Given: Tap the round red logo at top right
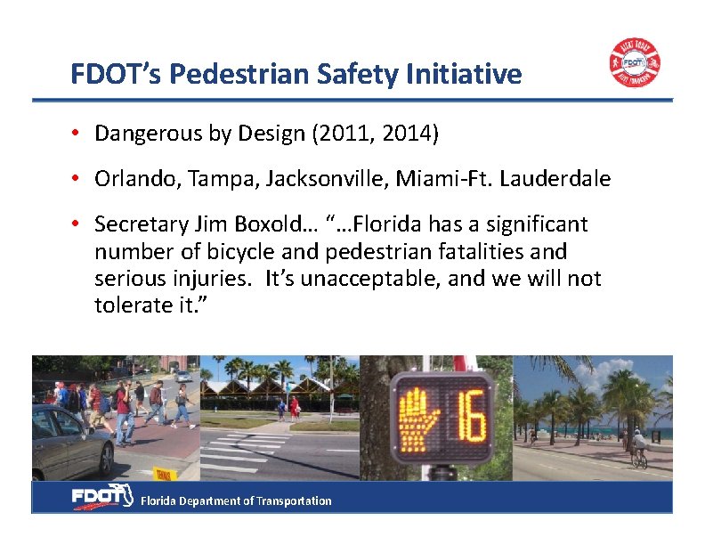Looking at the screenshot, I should (634, 63).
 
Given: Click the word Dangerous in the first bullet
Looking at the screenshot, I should (139, 134).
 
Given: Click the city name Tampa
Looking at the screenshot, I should (202, 179).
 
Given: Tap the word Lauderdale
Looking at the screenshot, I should (555, 179).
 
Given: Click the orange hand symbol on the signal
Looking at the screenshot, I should (415, 417).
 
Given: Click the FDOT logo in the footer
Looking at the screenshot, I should (101, 498).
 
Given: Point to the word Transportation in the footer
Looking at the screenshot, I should (294, 501).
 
